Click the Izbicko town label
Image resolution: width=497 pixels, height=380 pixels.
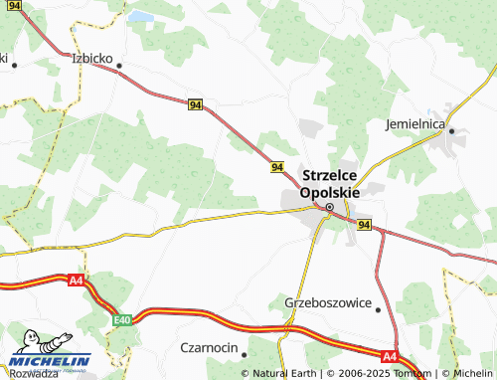coord(92,57)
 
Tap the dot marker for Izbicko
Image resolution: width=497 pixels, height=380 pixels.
coord(119,67)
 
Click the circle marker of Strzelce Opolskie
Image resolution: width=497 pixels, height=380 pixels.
coord(329,207)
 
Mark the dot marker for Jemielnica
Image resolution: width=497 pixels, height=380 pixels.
coord(451,130)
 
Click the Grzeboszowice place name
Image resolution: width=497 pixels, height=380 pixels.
coord(327,301)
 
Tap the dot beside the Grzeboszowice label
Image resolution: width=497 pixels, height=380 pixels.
coord(379,309)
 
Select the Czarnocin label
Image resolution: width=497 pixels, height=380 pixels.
coord(209,347)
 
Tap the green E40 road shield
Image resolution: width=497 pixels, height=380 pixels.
coord(122,319)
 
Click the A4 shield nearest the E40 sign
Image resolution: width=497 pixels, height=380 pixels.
coord(77,281)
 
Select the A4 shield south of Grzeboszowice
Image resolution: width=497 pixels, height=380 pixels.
coord(390,356)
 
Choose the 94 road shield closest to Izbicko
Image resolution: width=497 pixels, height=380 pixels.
coord(194,103)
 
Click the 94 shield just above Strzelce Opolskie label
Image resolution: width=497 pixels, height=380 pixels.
coord(277,167)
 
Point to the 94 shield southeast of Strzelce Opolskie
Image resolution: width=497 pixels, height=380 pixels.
coord(364,225)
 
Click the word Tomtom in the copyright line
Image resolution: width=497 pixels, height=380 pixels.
coord(409,374)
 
